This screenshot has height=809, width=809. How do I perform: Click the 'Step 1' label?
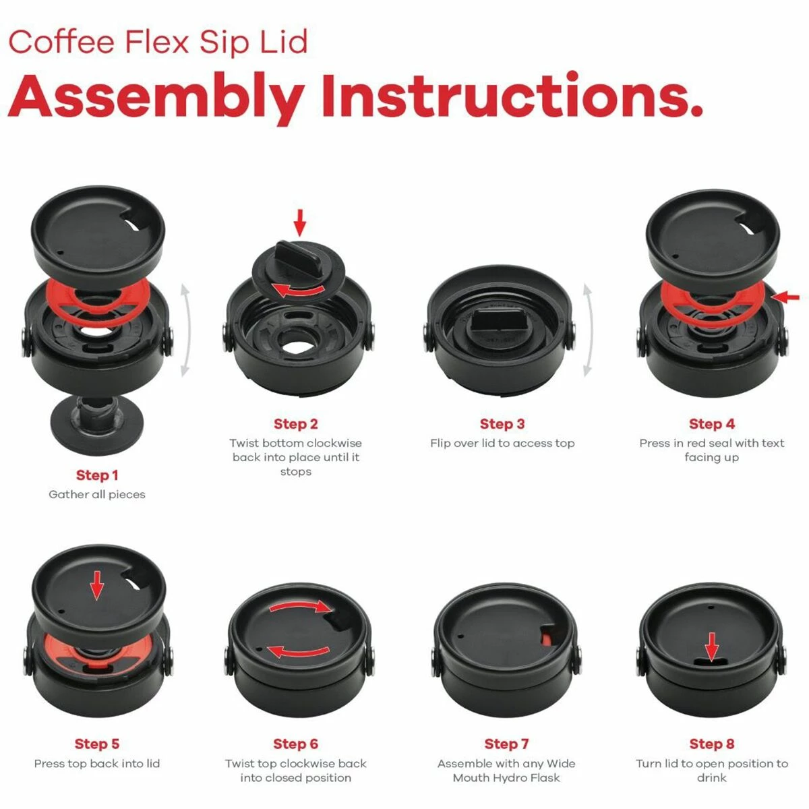(97, 475)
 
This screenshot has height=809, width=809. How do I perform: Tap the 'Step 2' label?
(295, 424)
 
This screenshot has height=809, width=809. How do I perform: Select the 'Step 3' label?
(502, 424)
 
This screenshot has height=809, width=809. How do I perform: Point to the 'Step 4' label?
(712, 424)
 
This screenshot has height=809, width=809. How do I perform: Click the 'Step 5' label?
(97, 744)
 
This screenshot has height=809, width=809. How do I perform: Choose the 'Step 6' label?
(295, 744)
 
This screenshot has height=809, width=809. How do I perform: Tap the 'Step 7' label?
(506, 744)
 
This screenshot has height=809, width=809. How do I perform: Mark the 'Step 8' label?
(712, 744)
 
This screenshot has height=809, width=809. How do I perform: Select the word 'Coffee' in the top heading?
(62, 42)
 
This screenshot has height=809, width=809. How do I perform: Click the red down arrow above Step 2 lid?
(300, 222)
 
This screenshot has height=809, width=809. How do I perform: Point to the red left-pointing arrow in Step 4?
(787, 297)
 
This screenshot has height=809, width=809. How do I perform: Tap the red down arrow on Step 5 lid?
(97, 585)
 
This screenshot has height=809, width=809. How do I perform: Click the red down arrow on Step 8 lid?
(712, 645)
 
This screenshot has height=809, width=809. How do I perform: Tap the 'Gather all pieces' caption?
(97, 495)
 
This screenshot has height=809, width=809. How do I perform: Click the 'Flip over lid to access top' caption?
(502, 444)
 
